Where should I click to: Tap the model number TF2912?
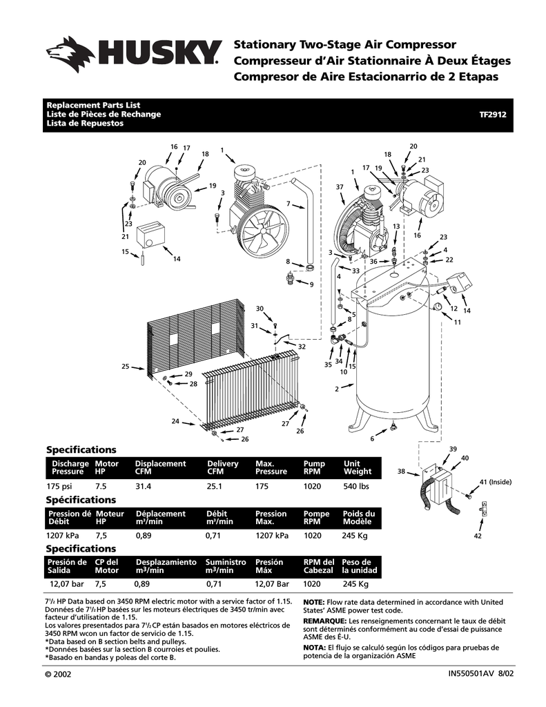[493, 115]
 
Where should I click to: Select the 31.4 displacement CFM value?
[143, 486]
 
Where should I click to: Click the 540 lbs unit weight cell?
[356, 486]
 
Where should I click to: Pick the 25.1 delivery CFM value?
[215, 486]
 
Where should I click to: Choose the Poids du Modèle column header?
[359, 518]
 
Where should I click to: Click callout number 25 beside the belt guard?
[126, 366]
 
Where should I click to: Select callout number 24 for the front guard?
[175, 421]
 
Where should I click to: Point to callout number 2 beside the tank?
[337, 389]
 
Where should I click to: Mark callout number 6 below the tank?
[372, 438]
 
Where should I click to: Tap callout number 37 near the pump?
[340, 187]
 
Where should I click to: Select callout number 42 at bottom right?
[477, 536]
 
